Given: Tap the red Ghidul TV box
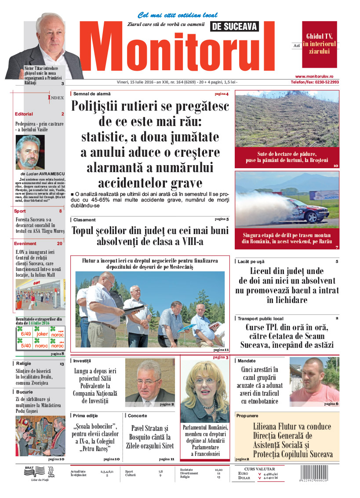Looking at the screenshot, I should click(x=319, y=43).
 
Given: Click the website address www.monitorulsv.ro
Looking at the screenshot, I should click(x=316, y=76).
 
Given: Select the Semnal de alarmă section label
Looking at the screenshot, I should click(x=92, y=94).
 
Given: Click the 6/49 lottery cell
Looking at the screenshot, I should click(x=26, y=334).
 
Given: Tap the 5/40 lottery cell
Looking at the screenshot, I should click(x=26, y=345).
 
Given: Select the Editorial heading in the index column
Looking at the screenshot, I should click(x=24, y=114).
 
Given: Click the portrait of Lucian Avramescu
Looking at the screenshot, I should click(x=30, y=152).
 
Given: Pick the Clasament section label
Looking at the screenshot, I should click(x=84, y=220).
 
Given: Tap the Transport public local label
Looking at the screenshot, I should click(x=260, y=318).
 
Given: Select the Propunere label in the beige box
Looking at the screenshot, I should click(x=247, y=415).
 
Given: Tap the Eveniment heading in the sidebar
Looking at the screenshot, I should click(x=25, y=243).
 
